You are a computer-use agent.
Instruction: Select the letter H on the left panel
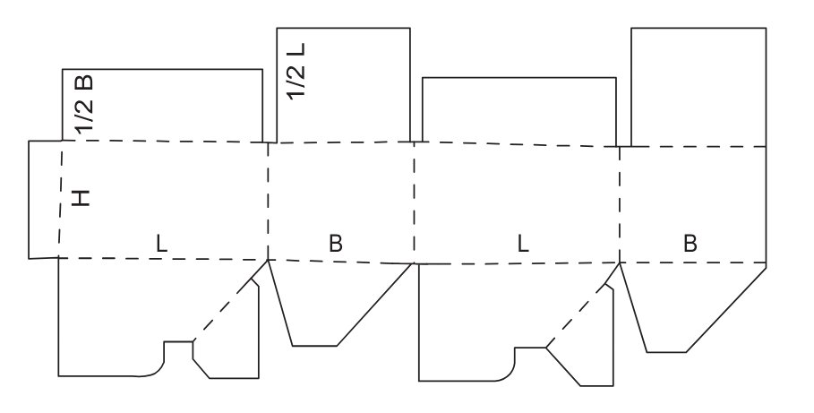[x=81, y=198]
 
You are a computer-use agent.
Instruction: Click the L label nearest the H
[x=160, y=242]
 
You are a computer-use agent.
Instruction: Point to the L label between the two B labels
[x=523, y=242]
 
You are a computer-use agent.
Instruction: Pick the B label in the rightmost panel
[x=690, y=242]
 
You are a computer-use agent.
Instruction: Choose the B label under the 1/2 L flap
[x=336, y=242]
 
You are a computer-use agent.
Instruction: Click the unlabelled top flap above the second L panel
[x=519, y=110]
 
